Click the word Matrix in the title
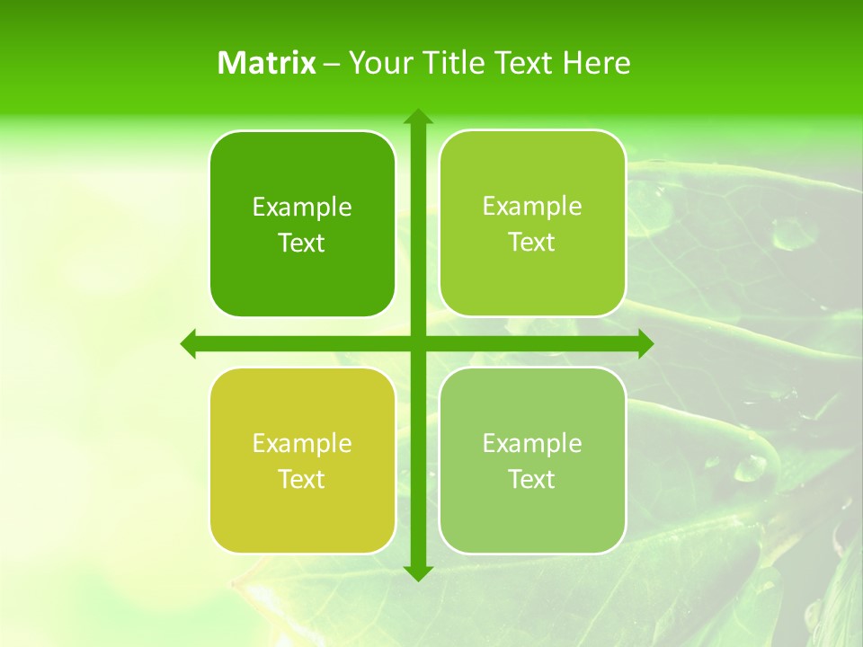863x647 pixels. [267, 63]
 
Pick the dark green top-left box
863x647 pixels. [302, 224]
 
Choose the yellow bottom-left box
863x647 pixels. [302, 460]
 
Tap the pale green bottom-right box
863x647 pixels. [532, 460]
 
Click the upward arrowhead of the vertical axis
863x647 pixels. [417, 116]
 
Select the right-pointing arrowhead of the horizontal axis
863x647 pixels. [645, 343]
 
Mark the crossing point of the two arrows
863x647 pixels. [417, 343]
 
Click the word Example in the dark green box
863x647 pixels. [302, 207]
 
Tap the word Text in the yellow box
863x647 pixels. [301, 479]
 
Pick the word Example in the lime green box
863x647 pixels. [532, 206]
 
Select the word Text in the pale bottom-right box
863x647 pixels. [531, 479]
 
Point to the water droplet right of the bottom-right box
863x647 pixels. [749, 466]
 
